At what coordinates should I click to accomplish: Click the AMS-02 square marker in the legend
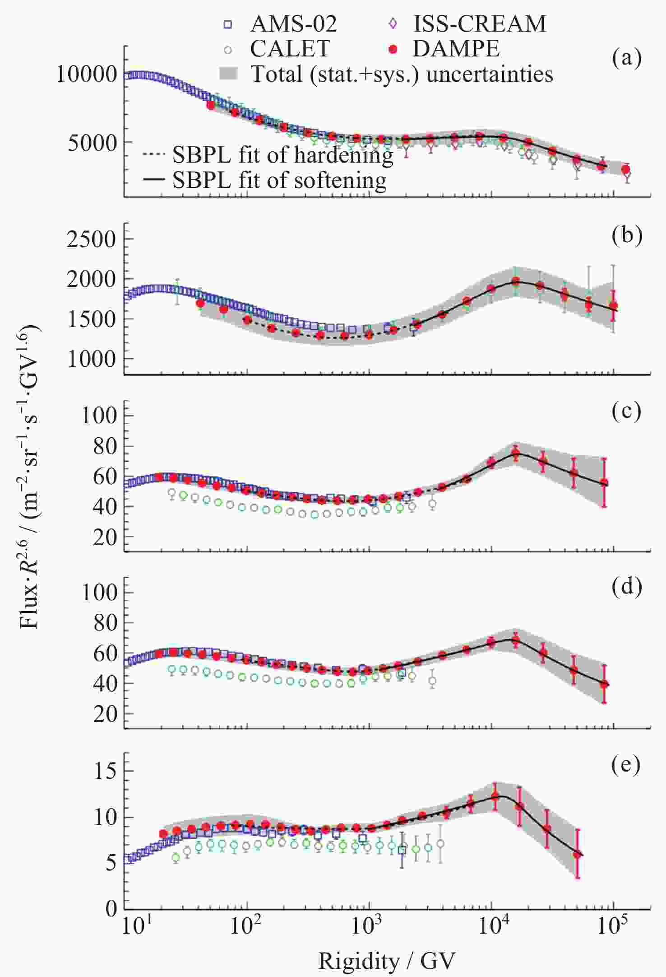tap(228, 24)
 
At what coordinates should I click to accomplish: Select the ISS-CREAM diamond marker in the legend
tap(393, 23)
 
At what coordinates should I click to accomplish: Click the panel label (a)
tap(627, 57)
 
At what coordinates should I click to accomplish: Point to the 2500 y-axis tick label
tap(92, 239)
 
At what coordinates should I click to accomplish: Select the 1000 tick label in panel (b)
tap(92, 360)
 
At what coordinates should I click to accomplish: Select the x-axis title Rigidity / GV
tap(387, 961)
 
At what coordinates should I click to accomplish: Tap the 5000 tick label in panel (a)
tap(92, 143)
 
